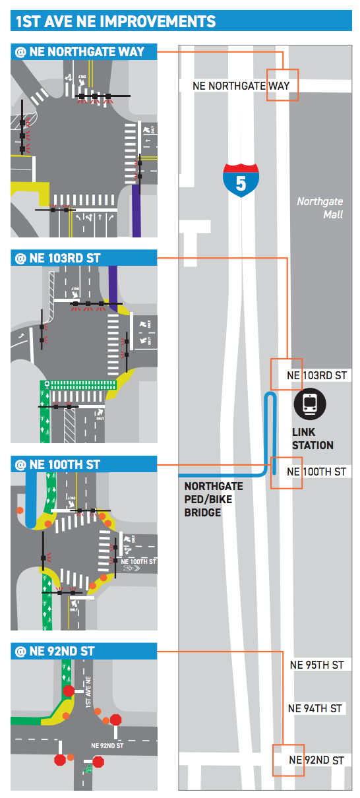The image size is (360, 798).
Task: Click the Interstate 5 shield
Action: point(241,180)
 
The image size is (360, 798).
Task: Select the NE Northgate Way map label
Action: point(241,85)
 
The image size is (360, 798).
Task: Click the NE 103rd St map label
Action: point(316,375)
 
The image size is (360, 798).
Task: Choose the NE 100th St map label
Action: point(316,472)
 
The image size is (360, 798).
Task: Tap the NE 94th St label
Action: point(315,708)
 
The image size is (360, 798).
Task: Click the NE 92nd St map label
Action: point(316,760)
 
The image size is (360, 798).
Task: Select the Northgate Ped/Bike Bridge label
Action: point(213,499)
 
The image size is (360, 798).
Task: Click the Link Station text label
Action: point(313,439)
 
